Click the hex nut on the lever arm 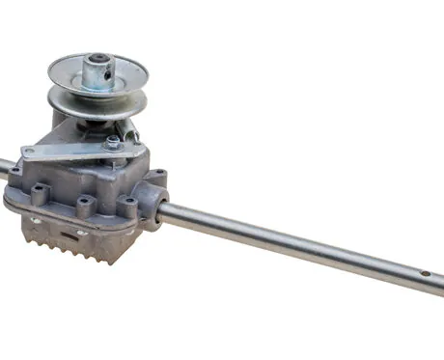coord(114,144)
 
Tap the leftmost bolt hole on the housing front coord(40,194)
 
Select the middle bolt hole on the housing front coord(85,204)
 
